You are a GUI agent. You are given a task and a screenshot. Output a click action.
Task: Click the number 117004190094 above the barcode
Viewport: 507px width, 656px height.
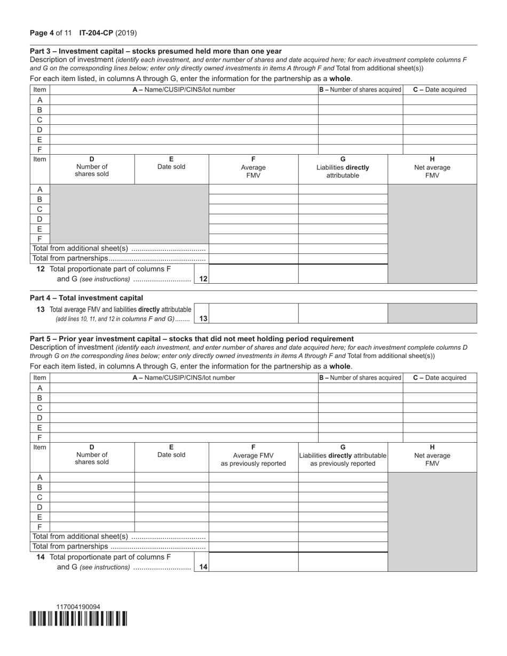[78, 607]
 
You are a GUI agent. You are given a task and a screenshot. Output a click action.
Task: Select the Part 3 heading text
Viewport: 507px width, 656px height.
[156, 51]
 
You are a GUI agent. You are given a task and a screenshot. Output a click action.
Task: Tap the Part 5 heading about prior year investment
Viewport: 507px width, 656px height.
[192, 339]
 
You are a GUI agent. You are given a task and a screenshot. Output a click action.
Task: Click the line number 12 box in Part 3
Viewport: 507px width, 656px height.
[203, 278]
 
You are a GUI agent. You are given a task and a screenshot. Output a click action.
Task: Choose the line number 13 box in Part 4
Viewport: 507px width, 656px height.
[203, 318]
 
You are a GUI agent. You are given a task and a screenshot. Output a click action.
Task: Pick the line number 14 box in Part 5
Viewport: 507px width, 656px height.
[203, 567]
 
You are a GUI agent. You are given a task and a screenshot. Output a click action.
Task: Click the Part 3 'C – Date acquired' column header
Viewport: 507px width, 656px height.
[440, 90]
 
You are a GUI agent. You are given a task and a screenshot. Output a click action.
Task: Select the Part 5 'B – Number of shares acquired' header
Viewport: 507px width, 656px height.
[360, 378]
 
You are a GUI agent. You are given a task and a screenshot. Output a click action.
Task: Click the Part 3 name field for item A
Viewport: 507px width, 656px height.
[184, 100]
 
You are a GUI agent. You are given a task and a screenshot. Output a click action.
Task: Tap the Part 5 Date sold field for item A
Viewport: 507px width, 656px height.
[171, 477]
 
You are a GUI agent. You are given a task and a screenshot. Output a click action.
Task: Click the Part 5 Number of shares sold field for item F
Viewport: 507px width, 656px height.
[92, 527]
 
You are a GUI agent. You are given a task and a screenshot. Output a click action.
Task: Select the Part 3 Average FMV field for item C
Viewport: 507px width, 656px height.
[253, 209]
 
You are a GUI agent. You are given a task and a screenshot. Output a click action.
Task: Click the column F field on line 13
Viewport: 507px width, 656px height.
[253, 314]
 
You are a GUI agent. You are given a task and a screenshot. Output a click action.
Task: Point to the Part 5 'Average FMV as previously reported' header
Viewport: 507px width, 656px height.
[253, 455]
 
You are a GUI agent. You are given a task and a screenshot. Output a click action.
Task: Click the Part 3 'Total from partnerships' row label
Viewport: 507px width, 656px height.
[118, 258]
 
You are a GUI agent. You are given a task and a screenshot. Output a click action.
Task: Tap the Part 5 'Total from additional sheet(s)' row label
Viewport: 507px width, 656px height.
[118, 537]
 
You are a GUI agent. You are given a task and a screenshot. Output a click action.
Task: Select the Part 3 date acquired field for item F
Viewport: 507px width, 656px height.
[440, 149]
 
